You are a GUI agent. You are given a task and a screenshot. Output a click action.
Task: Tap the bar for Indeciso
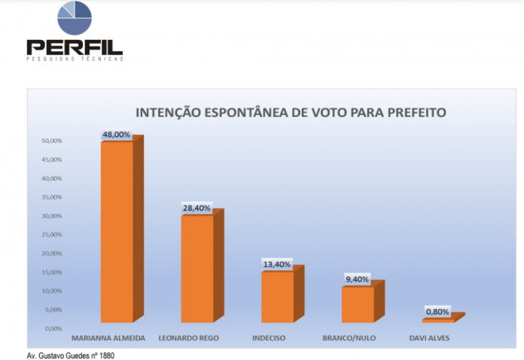pos(277,297)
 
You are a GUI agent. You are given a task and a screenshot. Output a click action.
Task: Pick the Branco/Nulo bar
pos(357,304)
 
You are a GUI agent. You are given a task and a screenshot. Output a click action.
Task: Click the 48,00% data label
pos(117,135)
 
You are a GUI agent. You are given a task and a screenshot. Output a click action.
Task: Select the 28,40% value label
pos(196,208)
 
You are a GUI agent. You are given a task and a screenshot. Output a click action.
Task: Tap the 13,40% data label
pos(277,264)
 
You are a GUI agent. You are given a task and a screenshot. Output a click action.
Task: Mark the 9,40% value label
pos(357,279)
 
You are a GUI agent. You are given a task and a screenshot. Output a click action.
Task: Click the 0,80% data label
pos(437,310)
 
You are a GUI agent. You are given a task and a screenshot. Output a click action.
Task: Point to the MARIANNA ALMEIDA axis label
pos(108,338)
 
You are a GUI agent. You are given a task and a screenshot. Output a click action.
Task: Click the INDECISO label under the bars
pos(268,338)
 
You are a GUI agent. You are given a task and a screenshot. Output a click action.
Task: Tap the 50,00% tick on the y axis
pos(51,142)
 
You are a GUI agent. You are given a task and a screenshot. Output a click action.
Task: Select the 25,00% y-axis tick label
pos(51,235)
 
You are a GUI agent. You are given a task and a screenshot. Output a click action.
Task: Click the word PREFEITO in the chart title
pos(412,113)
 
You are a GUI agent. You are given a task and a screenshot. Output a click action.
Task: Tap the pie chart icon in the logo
pos(75,17)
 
